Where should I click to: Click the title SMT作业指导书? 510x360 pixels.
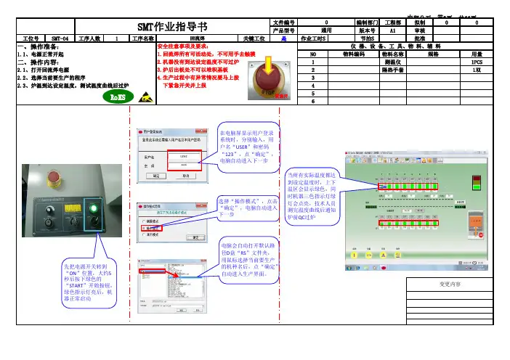174,27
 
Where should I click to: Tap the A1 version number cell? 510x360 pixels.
393,31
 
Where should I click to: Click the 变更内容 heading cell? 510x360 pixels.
455,282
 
